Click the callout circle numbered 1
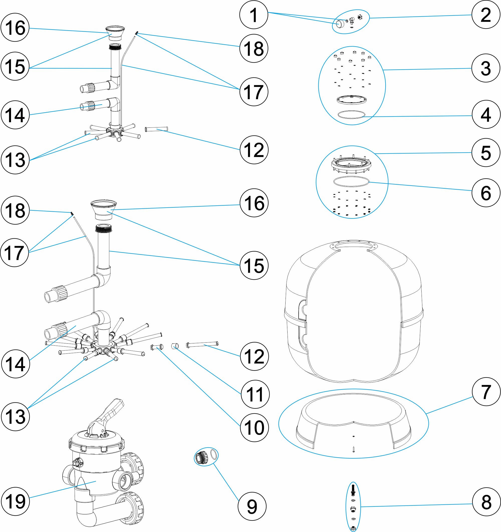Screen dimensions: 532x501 [x=254, y=15]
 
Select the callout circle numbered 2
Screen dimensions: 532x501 [x=486, y=15]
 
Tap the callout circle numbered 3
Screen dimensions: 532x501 [x=486, y=68]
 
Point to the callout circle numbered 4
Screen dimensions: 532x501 [x=486, y=114]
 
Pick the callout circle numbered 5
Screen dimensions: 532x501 [x=486, y=153]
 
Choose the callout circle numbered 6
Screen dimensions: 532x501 [x=486, y=193]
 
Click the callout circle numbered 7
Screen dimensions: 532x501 [x=486, y=392]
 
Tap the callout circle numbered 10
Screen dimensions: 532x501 [x=254, y=427]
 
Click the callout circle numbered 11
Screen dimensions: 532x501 [x=255, y=394]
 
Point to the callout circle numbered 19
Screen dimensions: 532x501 [x=15, y=501]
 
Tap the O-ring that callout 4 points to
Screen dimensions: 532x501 [x=351, y=114]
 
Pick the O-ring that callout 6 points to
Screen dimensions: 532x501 [x=351, y=181]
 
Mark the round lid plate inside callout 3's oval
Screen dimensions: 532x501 [x=351, y=100]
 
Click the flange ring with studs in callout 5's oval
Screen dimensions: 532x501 [x=351, y=164]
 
